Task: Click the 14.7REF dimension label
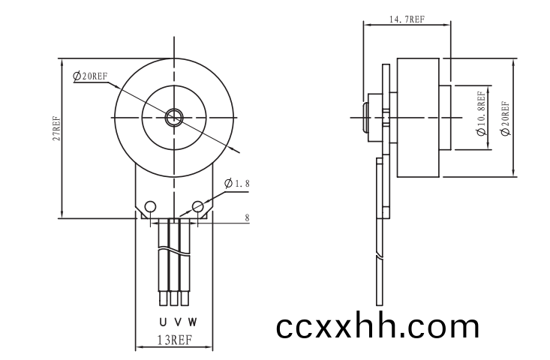(407, 19)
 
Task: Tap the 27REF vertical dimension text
(56, 128)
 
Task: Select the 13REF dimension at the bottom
(174, 340)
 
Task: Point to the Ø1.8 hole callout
(237, 183)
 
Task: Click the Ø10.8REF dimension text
(482, 113)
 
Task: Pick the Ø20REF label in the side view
(506, 118)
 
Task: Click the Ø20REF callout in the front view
(90, 76)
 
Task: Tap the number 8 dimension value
(247, 217)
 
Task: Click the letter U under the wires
(163, 322)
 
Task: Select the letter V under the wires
(178, 322)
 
